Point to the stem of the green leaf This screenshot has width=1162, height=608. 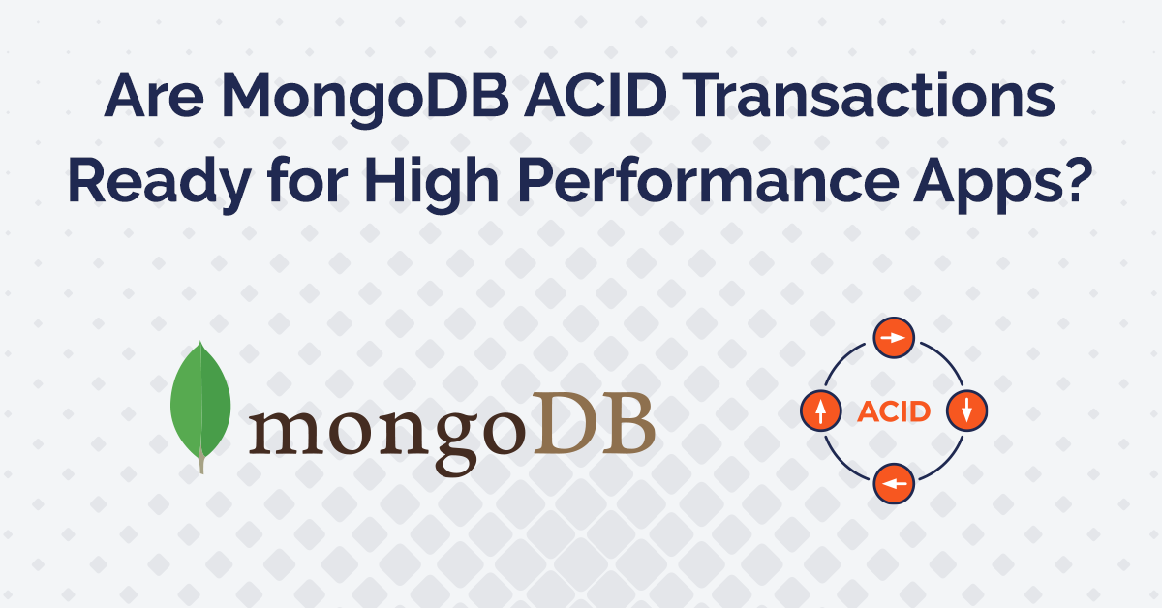(x=201, y=465)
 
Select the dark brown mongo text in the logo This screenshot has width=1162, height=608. (x=386, y=430)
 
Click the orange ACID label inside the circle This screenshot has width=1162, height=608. (x=894, y=411)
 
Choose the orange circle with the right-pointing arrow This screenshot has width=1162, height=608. (x=894, y=339)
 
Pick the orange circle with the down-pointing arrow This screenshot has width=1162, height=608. (x=965, y=410)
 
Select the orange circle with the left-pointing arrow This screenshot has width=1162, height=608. (x=894, y=482)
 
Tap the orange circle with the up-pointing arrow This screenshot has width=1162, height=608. (x=821, y=411)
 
